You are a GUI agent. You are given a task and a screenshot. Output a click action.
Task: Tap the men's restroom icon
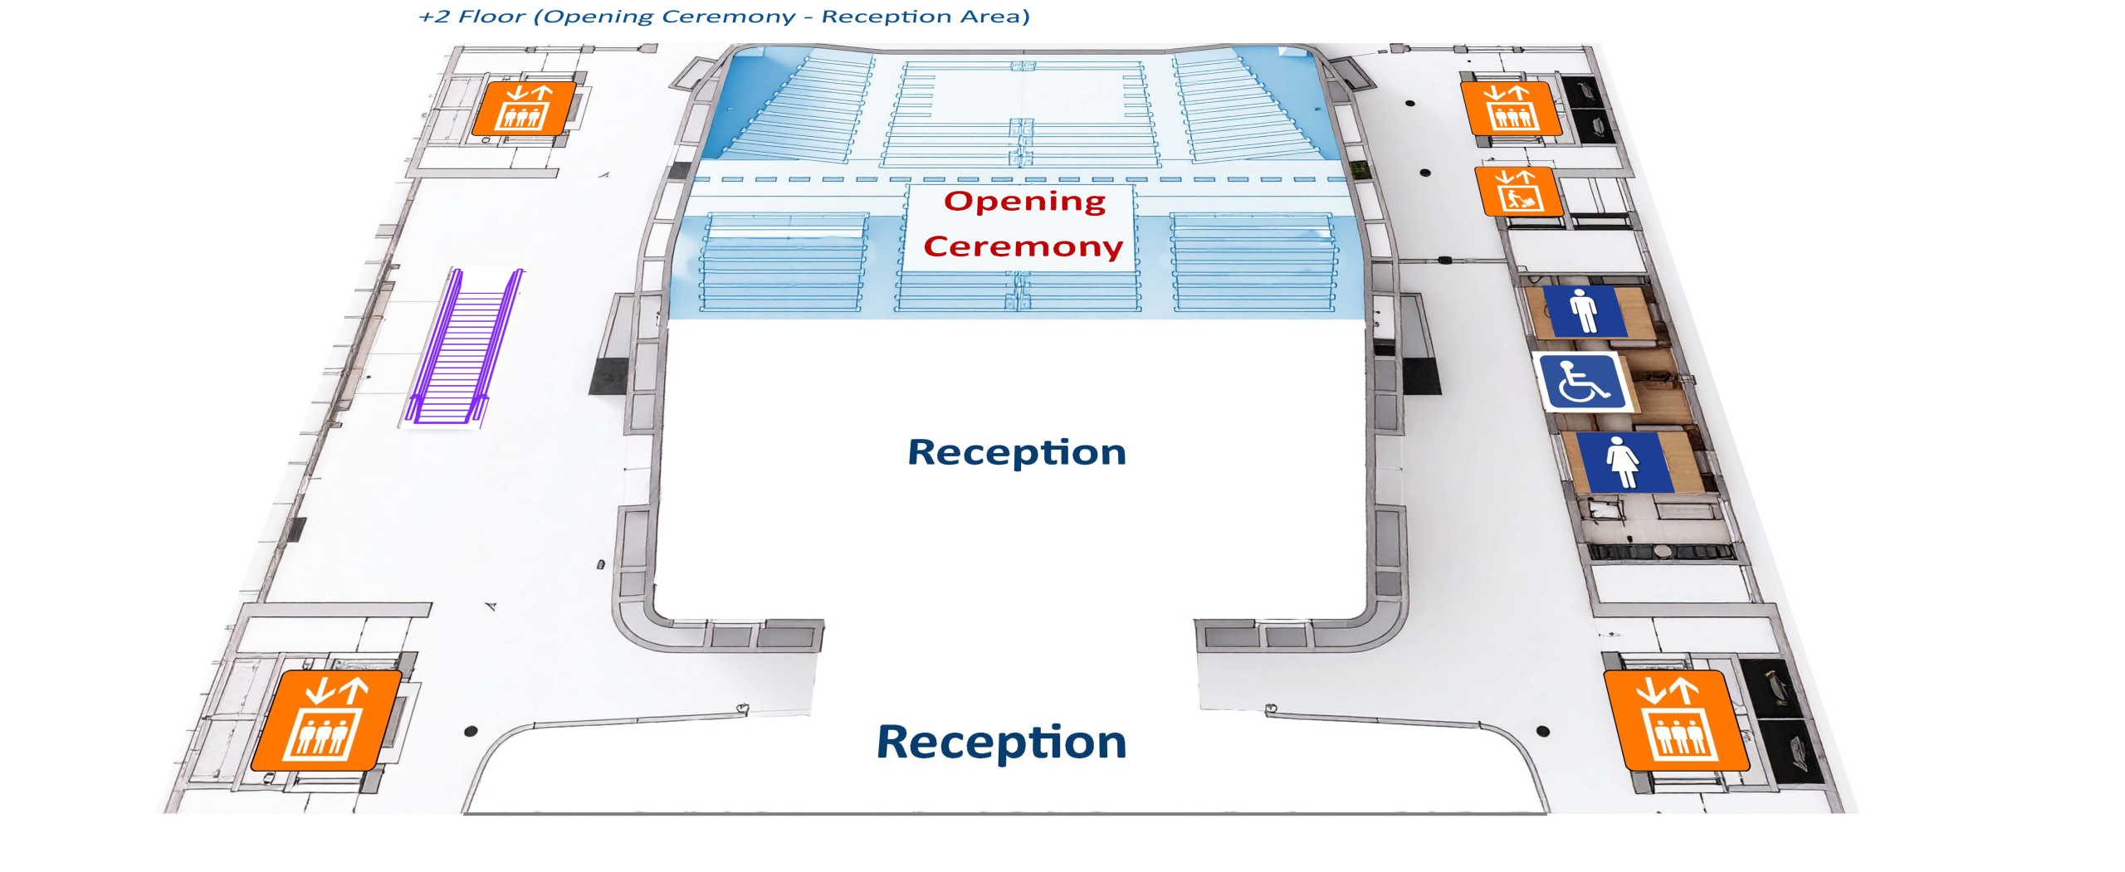(1585, 311)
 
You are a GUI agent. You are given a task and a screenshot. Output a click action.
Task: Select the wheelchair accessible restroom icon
(1582, 382)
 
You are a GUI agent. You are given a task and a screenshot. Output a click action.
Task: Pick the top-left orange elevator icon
(523, 108)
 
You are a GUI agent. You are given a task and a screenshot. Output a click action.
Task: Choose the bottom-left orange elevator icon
(325, 721)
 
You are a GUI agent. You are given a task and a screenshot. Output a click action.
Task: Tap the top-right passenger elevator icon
(1512, 108)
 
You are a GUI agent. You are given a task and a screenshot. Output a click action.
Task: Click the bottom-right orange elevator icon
(1677, 721)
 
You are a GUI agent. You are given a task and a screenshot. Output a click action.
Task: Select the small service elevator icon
(1518, 191)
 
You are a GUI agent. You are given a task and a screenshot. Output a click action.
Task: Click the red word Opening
(1025, 202)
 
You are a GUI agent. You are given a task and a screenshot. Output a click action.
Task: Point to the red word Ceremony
(1023, 246)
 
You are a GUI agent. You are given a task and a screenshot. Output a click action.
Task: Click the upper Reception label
(1017, 453)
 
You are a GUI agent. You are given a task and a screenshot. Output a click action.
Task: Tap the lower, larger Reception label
(1002, 742)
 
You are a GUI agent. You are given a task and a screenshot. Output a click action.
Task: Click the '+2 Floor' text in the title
(472, 17)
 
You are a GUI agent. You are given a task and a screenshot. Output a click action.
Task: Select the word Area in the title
(994, 17)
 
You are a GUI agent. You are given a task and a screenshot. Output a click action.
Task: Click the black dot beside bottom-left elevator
(471, 731)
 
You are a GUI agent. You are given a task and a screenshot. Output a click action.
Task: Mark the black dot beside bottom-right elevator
(1543, 731)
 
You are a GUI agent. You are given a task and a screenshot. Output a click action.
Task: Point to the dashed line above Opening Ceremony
(1022, 179)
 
